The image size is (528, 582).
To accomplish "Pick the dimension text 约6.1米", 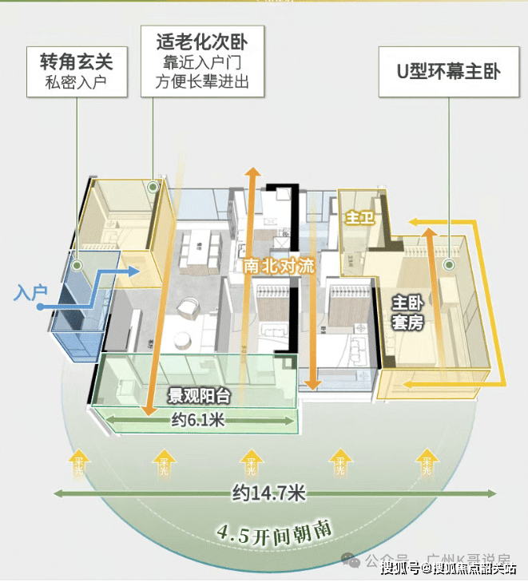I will (197, 420).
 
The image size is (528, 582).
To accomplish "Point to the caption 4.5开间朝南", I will (275, 530).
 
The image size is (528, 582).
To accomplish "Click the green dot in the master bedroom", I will (449, 264).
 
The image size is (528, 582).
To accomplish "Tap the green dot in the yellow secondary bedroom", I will (153, 187).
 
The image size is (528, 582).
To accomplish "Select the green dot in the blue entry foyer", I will (77, 265).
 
